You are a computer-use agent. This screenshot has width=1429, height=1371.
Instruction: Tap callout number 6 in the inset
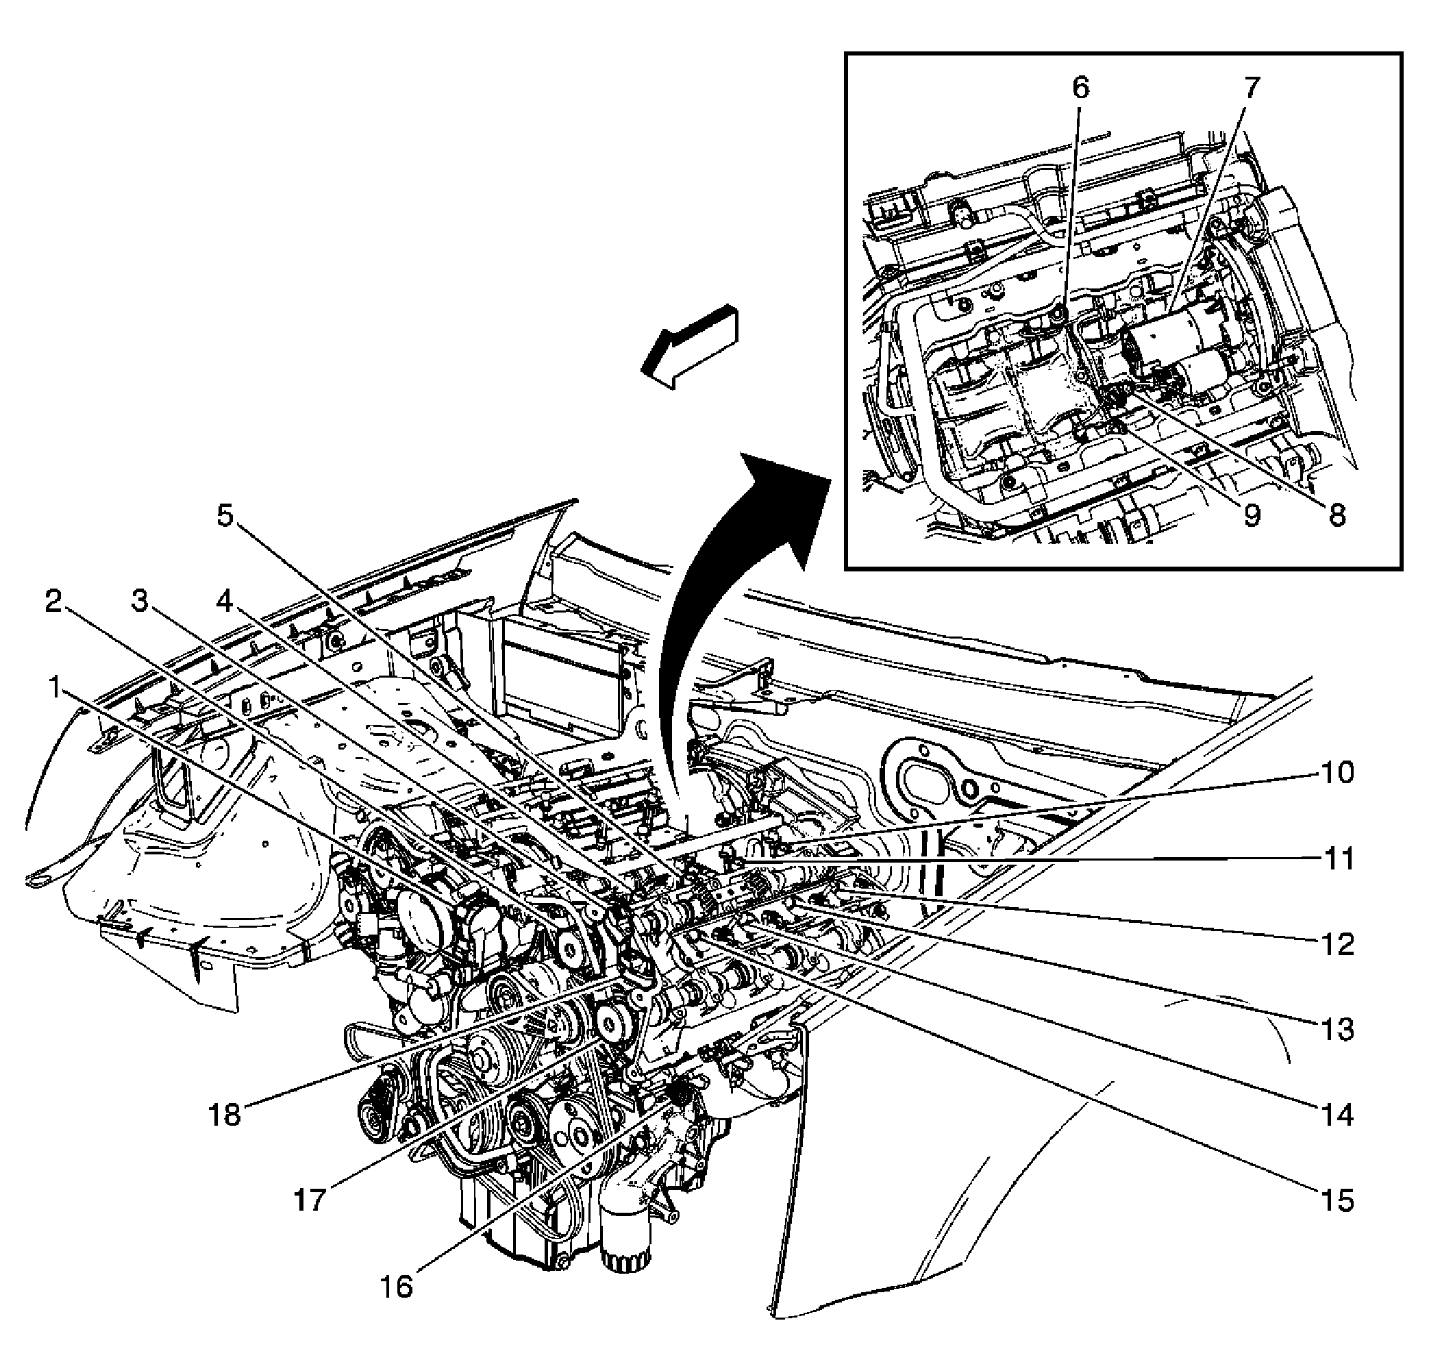pyautogui.click(x=1080, y=88)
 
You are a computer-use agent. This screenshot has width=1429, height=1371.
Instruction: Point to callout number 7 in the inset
pyautogui.click(x=1251, y=88)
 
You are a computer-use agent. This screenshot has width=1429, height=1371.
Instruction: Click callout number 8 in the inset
pyautogui.click(x=1336, y=516)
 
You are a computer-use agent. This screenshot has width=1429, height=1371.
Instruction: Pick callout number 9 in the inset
pyautogui.click(x=1251, y=516)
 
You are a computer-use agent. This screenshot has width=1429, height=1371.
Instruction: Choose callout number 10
pyautogui.click(x=1337, y=771)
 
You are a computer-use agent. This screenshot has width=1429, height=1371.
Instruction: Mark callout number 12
pyautogui.click(x=1337, y=944)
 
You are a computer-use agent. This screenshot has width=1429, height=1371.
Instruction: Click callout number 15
pyautogui.click(x=1337, y=1200)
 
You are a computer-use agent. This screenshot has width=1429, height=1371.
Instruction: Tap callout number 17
pyautogui.click(x=310, y=1200)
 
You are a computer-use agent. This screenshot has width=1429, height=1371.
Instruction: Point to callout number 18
pyautogui.click(x=225, y=1115)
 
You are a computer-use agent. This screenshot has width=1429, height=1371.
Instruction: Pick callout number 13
pyautogui.click(x=1337, y=1030)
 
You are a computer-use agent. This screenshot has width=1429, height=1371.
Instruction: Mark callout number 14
pyautogui.click(x=1337, y=1115)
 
